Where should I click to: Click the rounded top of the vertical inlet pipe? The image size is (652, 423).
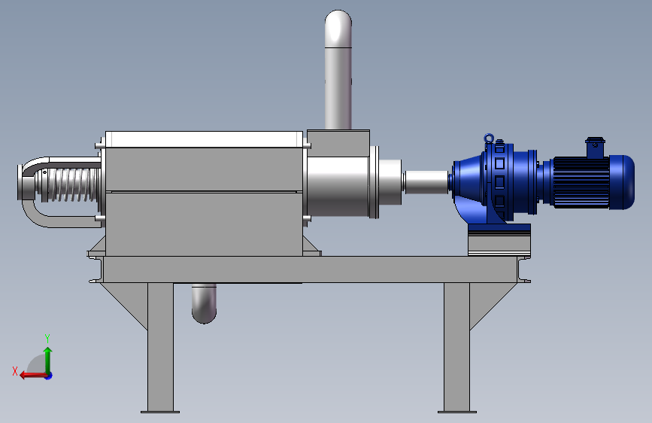pyautogui.click(x=338, y=29)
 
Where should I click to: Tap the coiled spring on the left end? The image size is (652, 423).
pyautogui.click(x=68, y=184)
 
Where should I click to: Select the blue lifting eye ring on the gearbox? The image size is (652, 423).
pyautogui.click(x=489, y=138)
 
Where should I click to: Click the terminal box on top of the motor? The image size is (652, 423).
pyautogui.click(x=595, y=148)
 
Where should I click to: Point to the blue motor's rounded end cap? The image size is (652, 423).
pyautogui.click(x=622, y=182)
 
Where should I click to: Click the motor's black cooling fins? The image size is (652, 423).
pyautogui.click(x=581, y=182)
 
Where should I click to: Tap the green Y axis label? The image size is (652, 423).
pyautogui.click(x=47, y=339)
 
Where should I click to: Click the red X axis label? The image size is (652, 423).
pyautogui.click(x=15, y=371)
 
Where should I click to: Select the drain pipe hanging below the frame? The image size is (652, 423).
pyautogui.click(x=204, y=303)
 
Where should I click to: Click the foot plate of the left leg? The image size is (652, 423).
pyautogui.click(x=160, y=412)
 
